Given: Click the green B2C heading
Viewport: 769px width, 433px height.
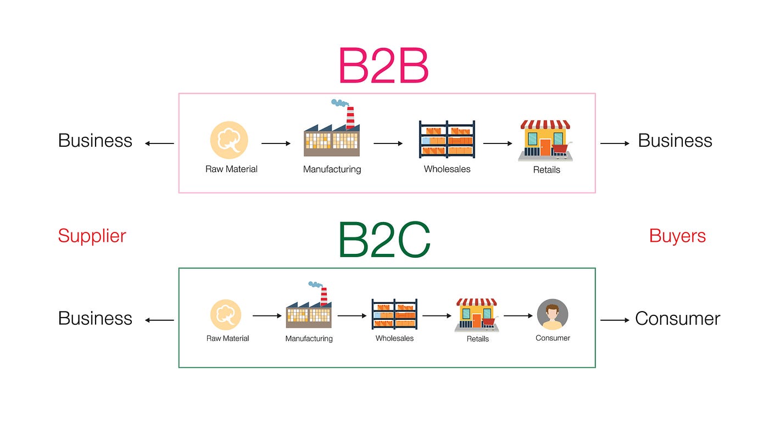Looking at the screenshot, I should [x=384, y=241].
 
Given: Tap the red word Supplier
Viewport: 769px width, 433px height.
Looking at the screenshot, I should [x=92, y=236].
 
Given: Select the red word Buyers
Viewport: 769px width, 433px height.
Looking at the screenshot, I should [x=677, y=236].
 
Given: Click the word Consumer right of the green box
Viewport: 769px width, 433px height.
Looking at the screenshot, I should [x=677, y=319].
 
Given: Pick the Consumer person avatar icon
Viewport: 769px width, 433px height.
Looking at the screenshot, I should [x=553, y=315].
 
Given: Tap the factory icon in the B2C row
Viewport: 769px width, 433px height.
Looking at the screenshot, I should [x=309, y=308].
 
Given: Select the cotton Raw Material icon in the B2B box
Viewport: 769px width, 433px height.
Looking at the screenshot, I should [x=229, y=140].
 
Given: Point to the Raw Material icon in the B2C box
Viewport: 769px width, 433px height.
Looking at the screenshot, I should [x=226, y=315].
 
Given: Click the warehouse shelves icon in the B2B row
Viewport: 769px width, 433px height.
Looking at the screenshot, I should [x=447, y=140].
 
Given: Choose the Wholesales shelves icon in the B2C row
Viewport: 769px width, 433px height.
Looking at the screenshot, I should [x=394, y=314].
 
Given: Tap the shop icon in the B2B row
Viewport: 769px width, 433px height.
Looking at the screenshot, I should [x=545, y=141].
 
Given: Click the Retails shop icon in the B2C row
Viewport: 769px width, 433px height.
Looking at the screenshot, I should [x=477, y=315].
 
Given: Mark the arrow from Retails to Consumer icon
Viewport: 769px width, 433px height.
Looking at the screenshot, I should [x=519, y=316].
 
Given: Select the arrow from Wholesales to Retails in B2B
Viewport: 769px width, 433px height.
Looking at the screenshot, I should [x=498, y=144].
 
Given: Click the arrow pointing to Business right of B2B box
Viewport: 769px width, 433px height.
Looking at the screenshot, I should [x=615, y=144].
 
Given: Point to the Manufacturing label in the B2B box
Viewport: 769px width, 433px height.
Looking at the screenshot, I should [x=332, y=169].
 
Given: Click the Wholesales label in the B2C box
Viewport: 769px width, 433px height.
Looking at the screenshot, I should [x=394, y=338].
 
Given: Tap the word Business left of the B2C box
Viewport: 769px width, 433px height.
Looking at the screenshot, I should [x=95, y=319].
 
